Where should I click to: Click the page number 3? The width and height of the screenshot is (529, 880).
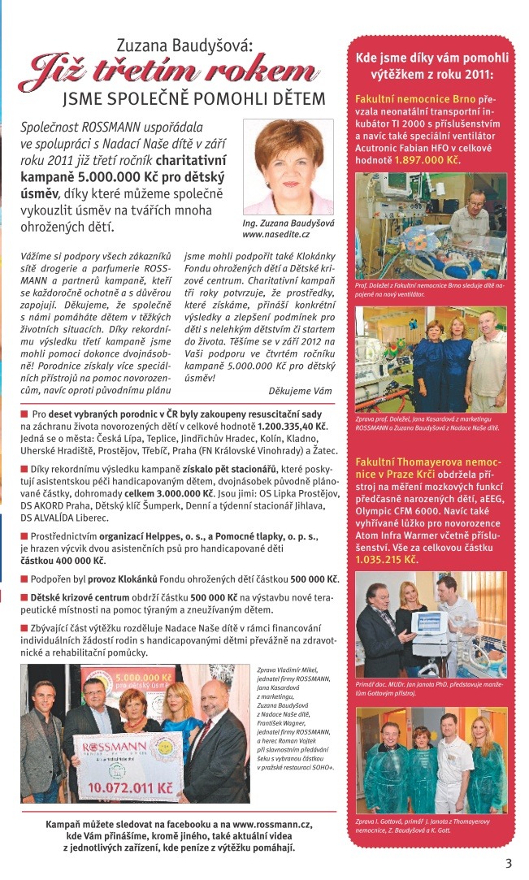509,863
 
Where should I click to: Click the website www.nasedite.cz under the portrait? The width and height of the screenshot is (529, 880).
276,234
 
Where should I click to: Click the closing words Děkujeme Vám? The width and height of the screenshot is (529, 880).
301,391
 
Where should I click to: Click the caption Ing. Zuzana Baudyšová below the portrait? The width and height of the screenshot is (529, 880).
288,222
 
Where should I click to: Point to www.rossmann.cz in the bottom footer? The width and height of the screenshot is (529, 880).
277,824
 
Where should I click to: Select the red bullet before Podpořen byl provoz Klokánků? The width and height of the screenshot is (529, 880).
24,579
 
